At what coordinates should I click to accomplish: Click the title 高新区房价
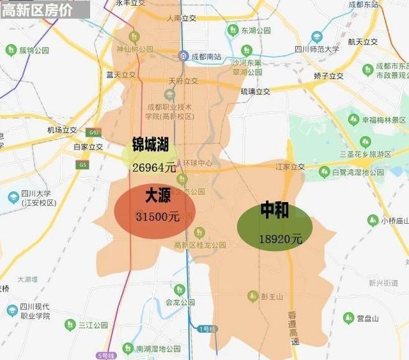pos(36,10)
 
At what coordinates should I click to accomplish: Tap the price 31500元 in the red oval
pos(157,217)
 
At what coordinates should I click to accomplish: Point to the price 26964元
pos(153,168)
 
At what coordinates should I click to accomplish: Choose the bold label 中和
pos(275,210)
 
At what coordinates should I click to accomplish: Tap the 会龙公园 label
pos(180,302)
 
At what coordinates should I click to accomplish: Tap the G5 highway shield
pos(82,165)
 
